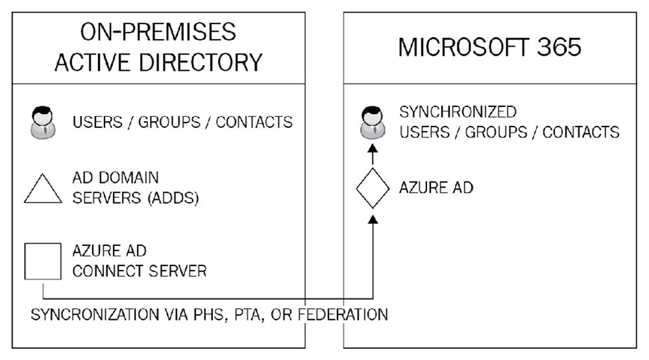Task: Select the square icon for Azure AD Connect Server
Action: pos(43,261)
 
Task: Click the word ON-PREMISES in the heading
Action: pos(158,32)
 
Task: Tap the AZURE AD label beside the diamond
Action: pos(436,188)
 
